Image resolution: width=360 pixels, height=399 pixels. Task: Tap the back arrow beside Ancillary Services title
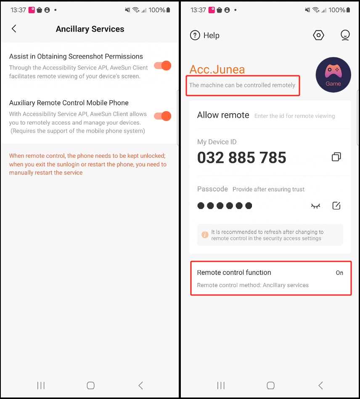pos(14,29)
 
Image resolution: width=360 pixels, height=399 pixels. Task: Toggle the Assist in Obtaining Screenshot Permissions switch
pos(163,66)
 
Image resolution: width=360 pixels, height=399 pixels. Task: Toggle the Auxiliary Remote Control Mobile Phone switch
pos(163,116)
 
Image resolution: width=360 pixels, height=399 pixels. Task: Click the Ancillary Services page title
pos(90,29)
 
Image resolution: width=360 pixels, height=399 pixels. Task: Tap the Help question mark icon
pos(195,35)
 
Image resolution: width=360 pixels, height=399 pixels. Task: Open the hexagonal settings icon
pos(318,35)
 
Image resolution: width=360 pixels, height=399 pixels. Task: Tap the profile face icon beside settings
pos(345,35)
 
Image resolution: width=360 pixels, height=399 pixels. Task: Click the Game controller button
pos(334,75)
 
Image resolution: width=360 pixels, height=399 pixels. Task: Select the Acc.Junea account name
pos(217,69)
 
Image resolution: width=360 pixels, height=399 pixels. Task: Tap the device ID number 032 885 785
pos(241,157)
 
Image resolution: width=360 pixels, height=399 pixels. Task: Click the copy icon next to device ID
pos(336,157)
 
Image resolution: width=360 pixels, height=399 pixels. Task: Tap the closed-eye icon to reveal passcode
pos(315,206)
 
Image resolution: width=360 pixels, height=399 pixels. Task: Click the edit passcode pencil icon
pos(336,205)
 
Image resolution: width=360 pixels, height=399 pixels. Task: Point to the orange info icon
pos(205,234)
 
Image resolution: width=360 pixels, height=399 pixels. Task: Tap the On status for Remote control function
pos(339,273)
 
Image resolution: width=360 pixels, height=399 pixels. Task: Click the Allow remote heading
pos(223,115)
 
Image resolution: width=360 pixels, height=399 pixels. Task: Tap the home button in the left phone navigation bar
pos(90,386)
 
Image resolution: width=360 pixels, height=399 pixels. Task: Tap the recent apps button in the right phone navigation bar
pos(221,386)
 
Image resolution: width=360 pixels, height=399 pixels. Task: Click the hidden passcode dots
pos(225,206)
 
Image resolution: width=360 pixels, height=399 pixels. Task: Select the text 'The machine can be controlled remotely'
pos(242,85)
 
